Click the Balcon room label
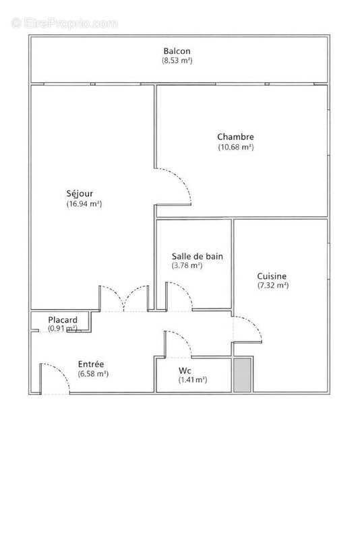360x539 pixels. [x=177, y=51]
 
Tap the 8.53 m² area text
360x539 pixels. [x=177, y=61]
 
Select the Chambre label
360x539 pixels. [x=235, y=137]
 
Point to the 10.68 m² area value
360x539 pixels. [x=235, y=147]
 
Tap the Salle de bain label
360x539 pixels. [x=197, y=256]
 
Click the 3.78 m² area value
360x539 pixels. [x=187, y=265]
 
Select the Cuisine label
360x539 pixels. [x=272, y=276]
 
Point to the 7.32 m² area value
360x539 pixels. [x=272, y=286]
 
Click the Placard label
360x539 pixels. [x=63, y=319]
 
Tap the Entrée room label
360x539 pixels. [x=90, y=364]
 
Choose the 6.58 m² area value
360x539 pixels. [x=93, y=373]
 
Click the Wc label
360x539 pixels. [x=185, y=371]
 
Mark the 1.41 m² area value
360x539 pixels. [x=193, y=380]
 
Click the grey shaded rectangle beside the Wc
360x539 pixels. [x=242, y=375]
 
